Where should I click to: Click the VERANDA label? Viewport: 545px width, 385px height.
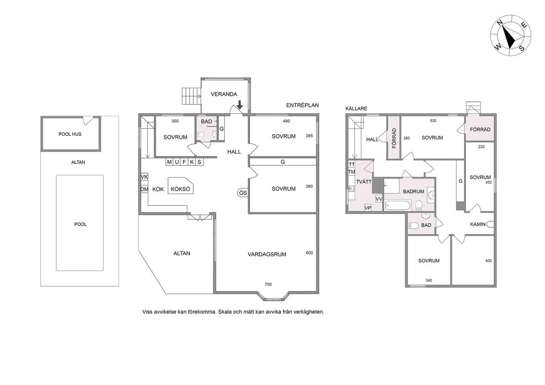tap(224, 94)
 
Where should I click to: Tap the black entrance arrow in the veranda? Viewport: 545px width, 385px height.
tap(240, 105)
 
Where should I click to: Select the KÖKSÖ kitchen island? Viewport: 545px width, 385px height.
tap(181, 186)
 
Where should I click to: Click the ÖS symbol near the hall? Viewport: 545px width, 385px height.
tap(243, 193)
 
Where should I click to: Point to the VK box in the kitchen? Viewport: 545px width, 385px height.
tap(144, 177)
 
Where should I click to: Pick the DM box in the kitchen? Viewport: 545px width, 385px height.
tap(144, 189)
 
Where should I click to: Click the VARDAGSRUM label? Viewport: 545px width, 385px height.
tap(267, 255)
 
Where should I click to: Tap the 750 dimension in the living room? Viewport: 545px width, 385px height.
tap(268, 284)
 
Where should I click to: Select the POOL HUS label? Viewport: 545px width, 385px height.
tap(70, 134)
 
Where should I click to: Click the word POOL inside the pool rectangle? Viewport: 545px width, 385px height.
tap(80, 224)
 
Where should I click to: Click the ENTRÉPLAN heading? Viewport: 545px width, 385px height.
tap(302, 105)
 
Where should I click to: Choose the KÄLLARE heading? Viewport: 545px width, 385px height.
tap(356, 109)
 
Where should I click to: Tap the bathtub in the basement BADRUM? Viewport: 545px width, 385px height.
tap(398, 205)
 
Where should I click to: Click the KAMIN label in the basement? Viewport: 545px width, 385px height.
tap(478, 224)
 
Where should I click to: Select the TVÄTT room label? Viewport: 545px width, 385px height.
tap(364, 182)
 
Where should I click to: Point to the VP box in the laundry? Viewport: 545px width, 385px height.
tap(367, 208)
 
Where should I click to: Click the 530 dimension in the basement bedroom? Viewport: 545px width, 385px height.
tap(433, 121)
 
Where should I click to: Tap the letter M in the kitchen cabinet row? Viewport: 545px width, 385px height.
tap(169, 162)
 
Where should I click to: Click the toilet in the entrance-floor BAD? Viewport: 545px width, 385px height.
tap(201, 135)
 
